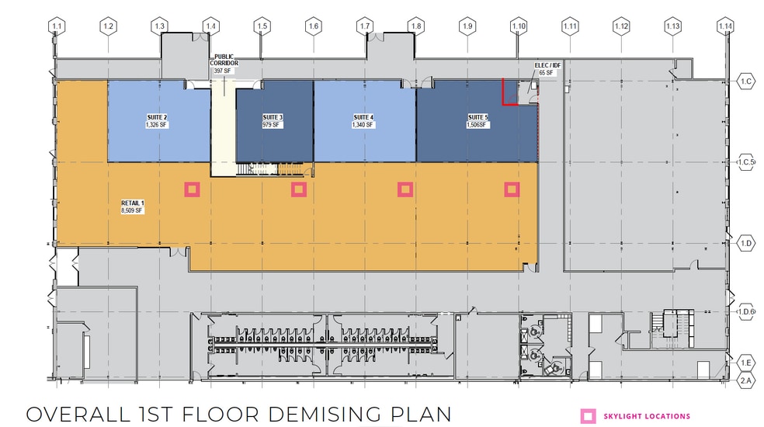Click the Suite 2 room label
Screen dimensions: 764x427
[x=157, y=121]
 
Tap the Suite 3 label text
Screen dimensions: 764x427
[x=273, y=121]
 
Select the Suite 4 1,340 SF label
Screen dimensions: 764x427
[x=363, y=121]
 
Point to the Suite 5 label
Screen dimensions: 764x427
[x=477, y=121]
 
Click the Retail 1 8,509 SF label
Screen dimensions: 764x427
[x=133, y=207]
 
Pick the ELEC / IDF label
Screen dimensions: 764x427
[x=547, y=69]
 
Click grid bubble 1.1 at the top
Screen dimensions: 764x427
[x=57, y=26]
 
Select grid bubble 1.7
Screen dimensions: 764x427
[x=365, y=26]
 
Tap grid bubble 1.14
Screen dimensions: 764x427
[x=725, y=26]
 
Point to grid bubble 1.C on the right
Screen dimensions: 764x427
[x=746, y=81]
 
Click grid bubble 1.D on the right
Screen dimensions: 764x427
[x=746, y=243]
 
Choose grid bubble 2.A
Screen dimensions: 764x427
[x=746, y=380]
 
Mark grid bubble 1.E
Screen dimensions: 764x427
[x=746, y=363]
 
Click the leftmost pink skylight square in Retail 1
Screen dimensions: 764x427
[x=192, y=189]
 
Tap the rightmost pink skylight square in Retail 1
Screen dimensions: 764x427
[x=512, y=189]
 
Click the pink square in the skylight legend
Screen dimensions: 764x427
[x=588, y=416]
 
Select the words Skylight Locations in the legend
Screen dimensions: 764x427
[x=647, y=416]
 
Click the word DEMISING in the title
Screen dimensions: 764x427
[x=324, y=415]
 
